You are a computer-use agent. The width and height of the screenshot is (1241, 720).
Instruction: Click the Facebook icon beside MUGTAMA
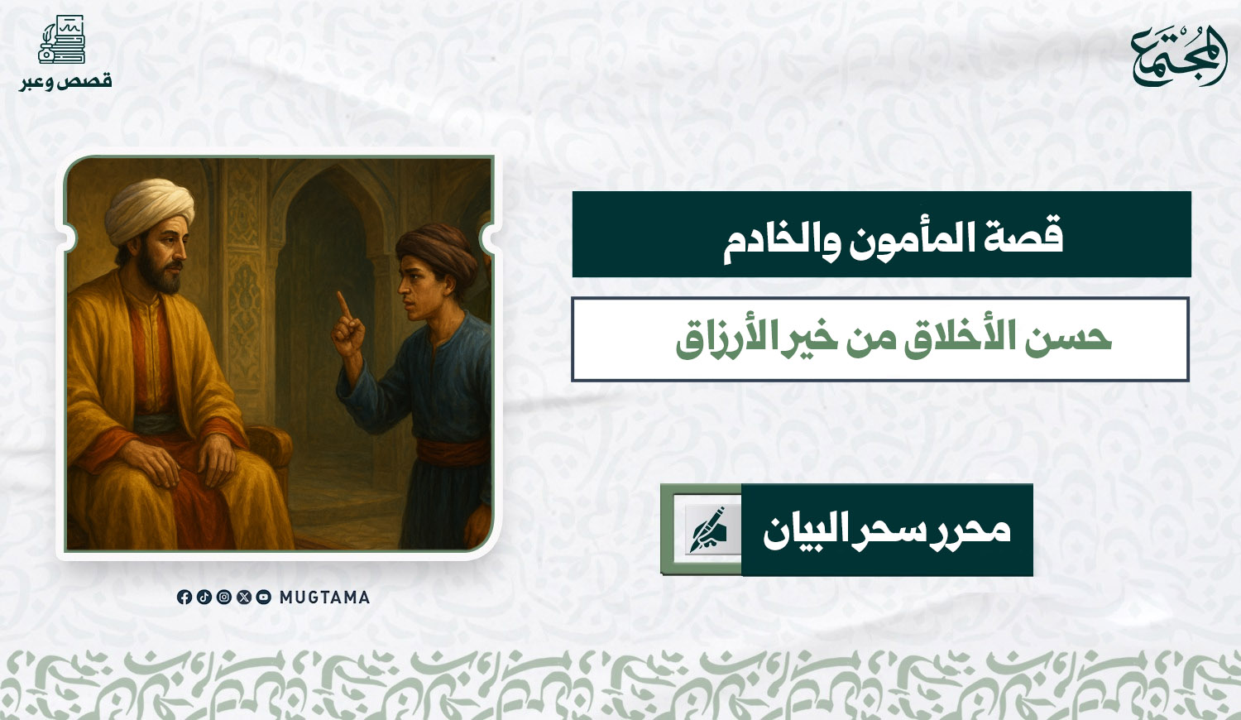pyautogui.click(x=184, y=597)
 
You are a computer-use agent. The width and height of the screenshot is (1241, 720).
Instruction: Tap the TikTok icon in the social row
pyautogui.click(x=204, y=597)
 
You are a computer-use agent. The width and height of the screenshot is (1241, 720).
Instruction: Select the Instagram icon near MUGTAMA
pyautogui.click(x=224, y=597)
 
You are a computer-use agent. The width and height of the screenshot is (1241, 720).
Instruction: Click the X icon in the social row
pyautogui.click(x=244, y=597)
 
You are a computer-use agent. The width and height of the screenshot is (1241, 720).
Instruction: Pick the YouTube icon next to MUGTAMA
pyautogui.click(x=264, y=597)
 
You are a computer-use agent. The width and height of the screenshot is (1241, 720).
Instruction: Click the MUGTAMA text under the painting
pyautogui.click(x=324, y=598)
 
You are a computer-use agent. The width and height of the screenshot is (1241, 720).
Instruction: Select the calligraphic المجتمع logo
pyautogui.click(x=1178, y=55)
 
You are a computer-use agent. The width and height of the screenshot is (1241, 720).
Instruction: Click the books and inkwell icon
pyautogui.click(x=61, y=39)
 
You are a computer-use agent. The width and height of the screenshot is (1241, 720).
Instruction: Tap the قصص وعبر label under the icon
pyautogui.click(x=66, y=81)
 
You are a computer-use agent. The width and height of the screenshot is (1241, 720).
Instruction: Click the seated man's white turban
pyautogui.click(x=150, y=209)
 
